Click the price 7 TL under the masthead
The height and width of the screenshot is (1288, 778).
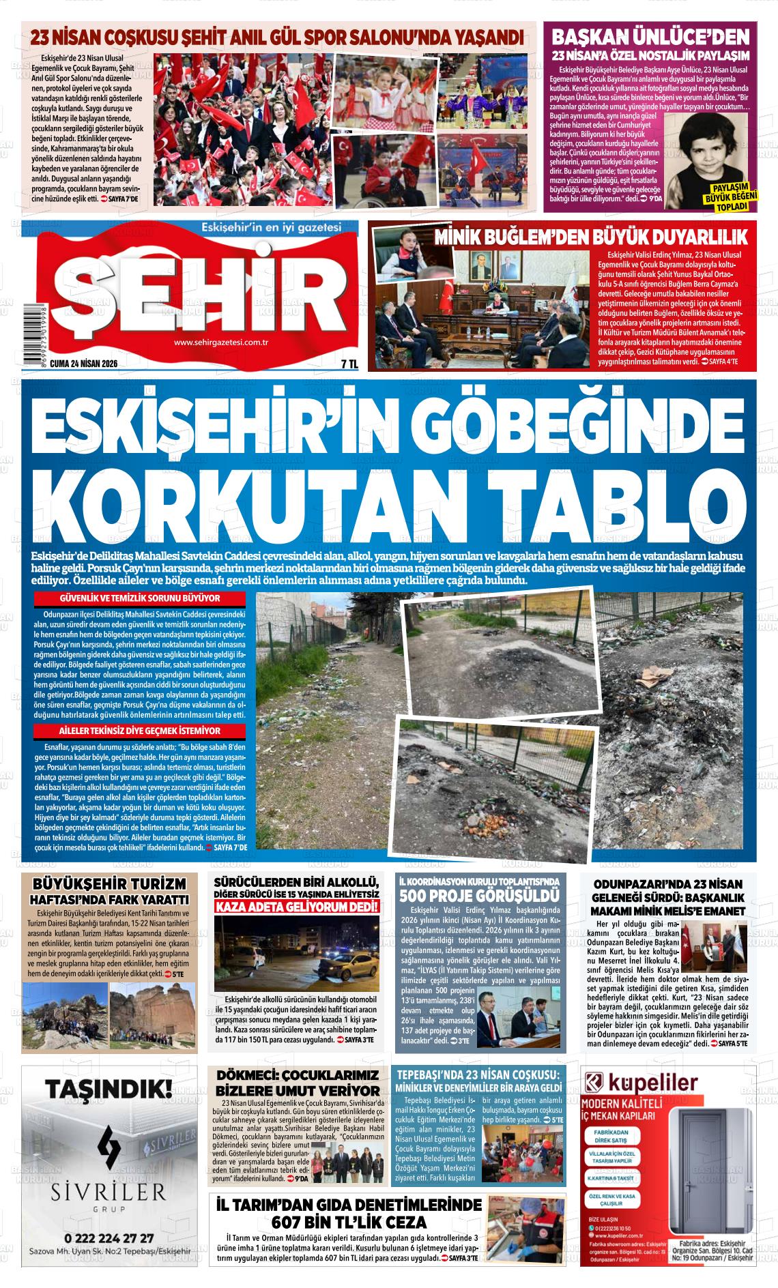(x=349, y=364)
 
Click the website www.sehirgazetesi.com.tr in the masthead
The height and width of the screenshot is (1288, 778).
(x=220, y=343)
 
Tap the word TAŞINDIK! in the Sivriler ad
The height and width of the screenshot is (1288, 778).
(x=105, y=1089)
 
